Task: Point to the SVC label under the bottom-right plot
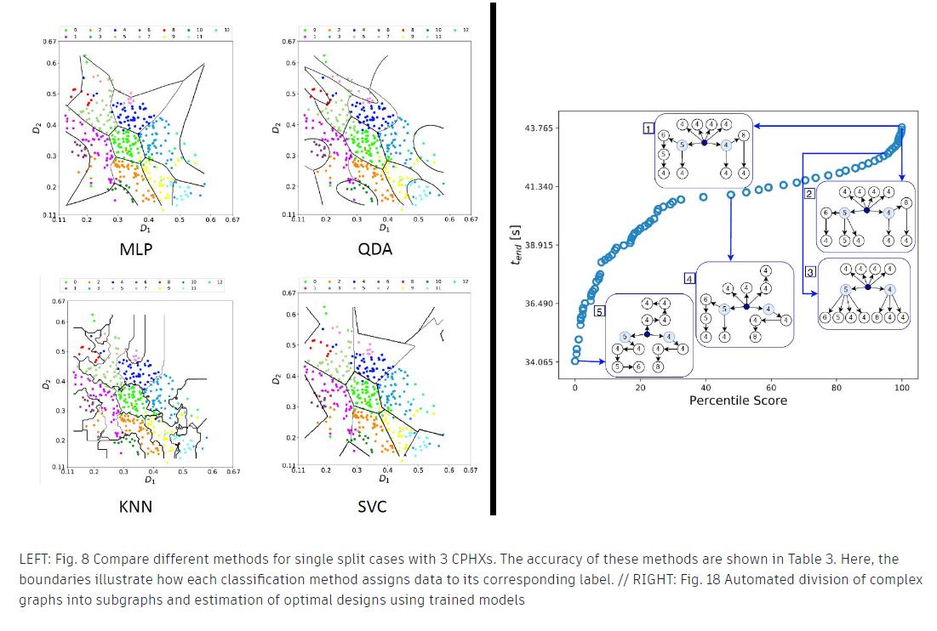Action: tap(372, 508)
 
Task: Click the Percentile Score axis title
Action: tap(738, 400)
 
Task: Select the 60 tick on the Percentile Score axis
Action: tap(771, 387)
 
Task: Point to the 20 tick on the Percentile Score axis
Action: tap(640, 387)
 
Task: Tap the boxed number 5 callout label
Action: tap(600, 311)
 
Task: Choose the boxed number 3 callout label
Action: tap(810, 271)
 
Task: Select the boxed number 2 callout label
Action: tap(810, 194)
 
